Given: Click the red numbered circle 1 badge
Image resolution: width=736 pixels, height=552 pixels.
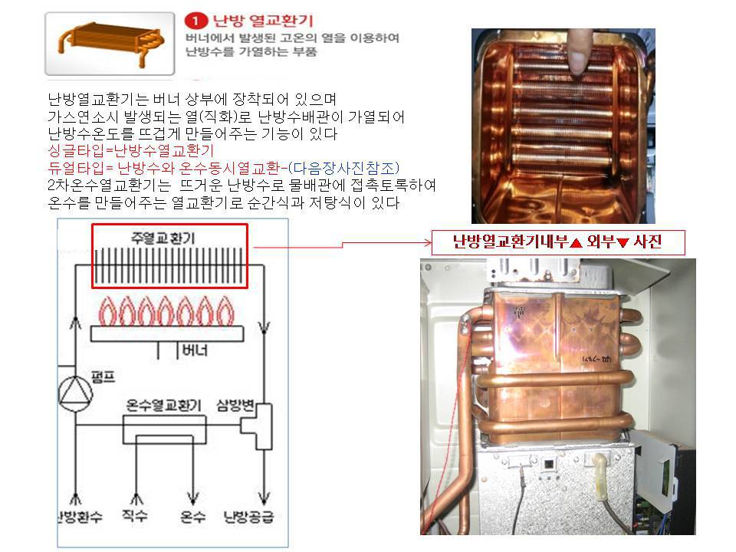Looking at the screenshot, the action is pyautogui.click(x=195, y=21).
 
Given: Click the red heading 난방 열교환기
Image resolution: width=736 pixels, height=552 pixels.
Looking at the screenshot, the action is pyautogui.click(x=262, y=21).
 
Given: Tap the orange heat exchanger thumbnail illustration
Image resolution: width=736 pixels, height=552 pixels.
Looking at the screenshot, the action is pyautogui.click(x=110, y=44).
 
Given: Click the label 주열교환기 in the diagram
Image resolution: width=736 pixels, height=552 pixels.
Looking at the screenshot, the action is pyautogui.click(x=163, y=238).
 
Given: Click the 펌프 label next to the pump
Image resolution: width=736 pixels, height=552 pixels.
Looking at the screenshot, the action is pyautogui.click(x=103, y=376).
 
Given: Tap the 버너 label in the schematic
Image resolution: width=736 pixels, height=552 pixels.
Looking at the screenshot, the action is pyautogui.click(x=195, y=350).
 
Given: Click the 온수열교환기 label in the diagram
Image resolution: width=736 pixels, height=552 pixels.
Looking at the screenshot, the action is pyautogui.click(x=163, y=405).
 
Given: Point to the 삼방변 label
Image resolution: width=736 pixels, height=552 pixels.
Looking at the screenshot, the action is pyautogui.click(x=235, y=405).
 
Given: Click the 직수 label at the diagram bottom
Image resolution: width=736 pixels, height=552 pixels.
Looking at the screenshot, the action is pyautogui.click(x=135, y=515).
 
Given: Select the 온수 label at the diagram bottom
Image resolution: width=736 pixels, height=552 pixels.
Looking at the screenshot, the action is pyautogui.click(x=192, y=517).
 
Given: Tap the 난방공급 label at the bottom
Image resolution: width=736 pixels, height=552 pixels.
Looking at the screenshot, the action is pyautogui.click(x=248, y=517).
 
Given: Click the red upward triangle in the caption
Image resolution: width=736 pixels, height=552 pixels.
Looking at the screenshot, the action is pyautogui.click(x=577, y=242).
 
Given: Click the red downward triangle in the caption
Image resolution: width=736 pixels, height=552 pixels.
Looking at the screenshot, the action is pyautogui.click(x=623, y=242).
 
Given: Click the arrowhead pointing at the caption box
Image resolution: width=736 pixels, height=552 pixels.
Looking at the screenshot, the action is pyautogui.click(x=428, y=243).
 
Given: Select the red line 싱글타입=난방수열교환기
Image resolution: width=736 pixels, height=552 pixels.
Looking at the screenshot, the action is pyautogui.click(x=130, y=151).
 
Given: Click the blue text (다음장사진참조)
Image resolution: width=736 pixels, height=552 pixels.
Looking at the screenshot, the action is pyautogui.click(x=343, y=168).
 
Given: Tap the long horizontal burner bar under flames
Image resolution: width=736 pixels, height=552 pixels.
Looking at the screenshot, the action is pyautogui.click(x=167, y=333).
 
